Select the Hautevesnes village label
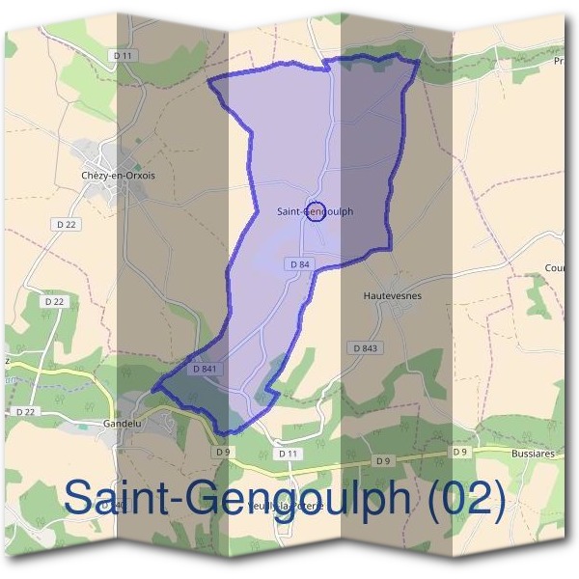pyautogui.click(x=393, y=295)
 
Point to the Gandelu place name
pyautogui.click(x=123, y=424)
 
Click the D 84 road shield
pyautogui.click(x=298, y=263)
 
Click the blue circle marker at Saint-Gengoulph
pyautogui.click(x=315, y=211)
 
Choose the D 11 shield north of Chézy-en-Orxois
pyautogui.click(x=123, y=56)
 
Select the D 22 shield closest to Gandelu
pyautogui.click(x=26, y=412)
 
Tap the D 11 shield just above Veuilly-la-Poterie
pyautogui.click(x=288, y=453)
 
